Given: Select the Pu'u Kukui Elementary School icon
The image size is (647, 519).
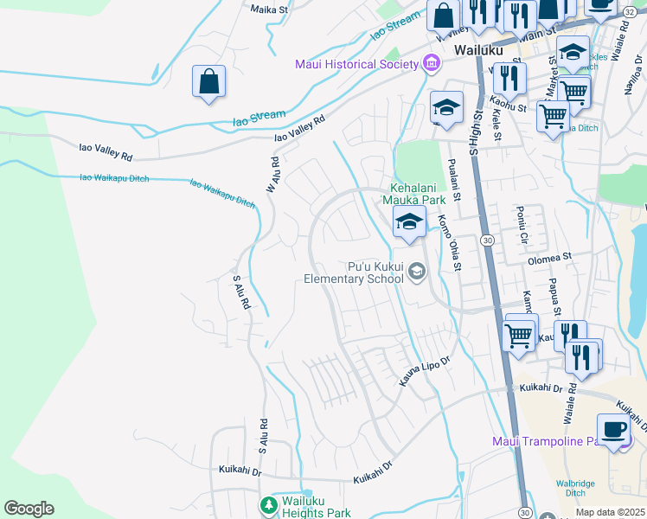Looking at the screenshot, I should tap(417, 272).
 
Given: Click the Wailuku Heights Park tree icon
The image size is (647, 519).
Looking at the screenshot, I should tap(269, 503).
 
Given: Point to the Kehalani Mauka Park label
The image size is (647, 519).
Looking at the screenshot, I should tap(421, 193).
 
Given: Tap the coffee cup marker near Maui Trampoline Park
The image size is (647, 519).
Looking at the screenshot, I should tap(613, 429).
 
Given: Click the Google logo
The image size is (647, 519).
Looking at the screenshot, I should tap(29, 509).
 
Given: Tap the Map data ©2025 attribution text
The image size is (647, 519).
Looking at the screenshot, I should tap(609, 512).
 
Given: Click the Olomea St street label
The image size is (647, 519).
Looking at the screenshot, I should tap(550, 257).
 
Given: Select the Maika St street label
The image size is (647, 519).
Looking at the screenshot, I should tap(268, 10).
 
